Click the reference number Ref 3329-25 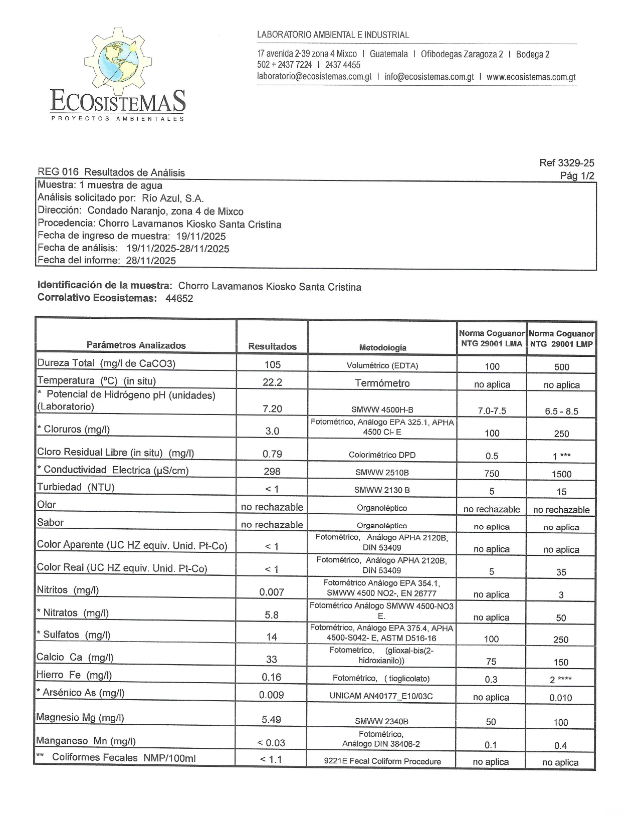pyautogui.click(x=567, y=163)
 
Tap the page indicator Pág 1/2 pyautogui.click(x=577, y=175)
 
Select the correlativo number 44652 pyautogui.click(x=179, y=299)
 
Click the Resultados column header pyautogui.click(x=272, y=346)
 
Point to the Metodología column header pyautogui.click(x=382, y=347)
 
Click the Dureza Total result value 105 pyautogui.click(x=273, y=365)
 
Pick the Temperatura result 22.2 pyautogui.click(x=273, y=382)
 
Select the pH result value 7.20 pyautogui.click(x=273, y=409)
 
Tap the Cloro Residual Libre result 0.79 pyautogui.click(x=273, y=454)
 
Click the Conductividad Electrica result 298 pyautogui.click(x=273, y=472)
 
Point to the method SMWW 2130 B pyautogui.click(x=382, y=490)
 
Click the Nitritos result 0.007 pyautogui.click(x=272, y=592)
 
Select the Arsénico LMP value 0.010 pyautogui.click(x=561, y=698)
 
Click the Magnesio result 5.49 pyautogui.click(x=271, y=720)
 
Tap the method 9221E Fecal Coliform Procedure pyautogui.click(x=382, y=761)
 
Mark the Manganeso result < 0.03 pyautogui.click(x=271, y=743)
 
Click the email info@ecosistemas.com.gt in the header pyautogui.click(x=429, y=77)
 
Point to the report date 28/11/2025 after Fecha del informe pyautogui.click(x=151, y=261)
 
